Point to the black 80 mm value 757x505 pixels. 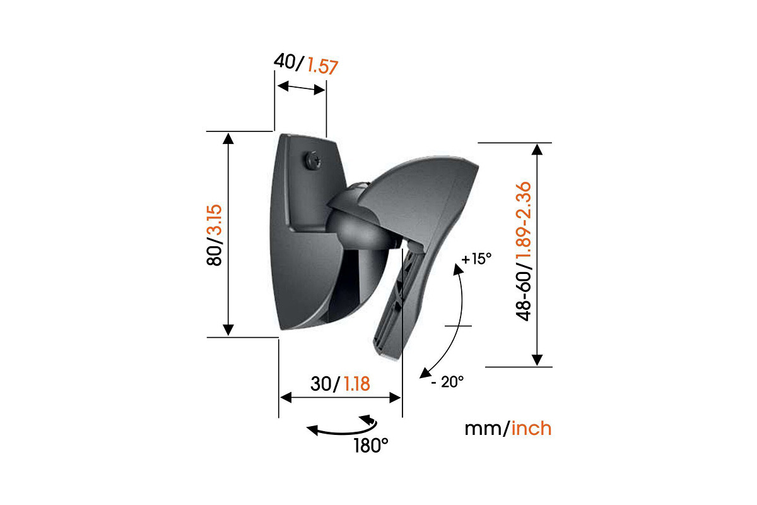point(215,254)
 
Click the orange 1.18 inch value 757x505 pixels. point(356,383)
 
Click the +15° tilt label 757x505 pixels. point(476,259)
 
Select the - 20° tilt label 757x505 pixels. point(448,382)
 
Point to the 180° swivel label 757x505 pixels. point(371,445)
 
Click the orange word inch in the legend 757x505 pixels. point(531,429)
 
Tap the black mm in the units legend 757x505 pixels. point(483,429)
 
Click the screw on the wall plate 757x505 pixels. point(313,158)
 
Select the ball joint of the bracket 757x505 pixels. point(357,221)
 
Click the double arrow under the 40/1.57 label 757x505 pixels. point(301,88)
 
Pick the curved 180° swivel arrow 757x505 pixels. point(341,428)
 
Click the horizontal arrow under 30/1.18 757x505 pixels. point(340,398)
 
